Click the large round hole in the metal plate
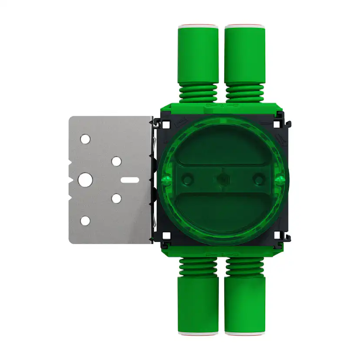(x=85, y=179)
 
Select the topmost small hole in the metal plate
(x=85, y=140)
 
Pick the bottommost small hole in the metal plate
(x=85, y=220)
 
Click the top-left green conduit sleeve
(x=198, y=54)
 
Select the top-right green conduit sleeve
(x=245, y=54)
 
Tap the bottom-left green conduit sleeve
(x=198, y=304)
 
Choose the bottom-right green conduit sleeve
(x=245, y=304)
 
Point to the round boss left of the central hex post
(x=187, y=179)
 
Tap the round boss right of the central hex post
(x=259, y=179)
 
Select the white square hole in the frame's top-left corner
(x=166, y=124)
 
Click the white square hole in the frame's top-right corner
(x=277, y=124)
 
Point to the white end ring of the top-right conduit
(x=245, y=26)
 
